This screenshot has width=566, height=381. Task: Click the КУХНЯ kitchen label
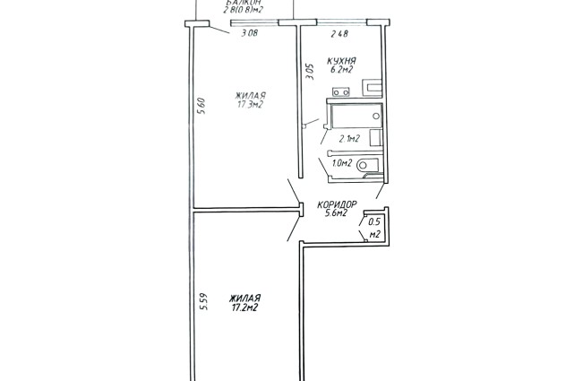tap(341, 61)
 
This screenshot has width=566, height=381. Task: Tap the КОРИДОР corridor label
tap(337, 204)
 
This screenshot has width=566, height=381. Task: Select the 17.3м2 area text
tap(250, 105)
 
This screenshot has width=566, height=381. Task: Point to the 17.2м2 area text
tap(244, 308)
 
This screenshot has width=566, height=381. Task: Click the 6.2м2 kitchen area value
tap(341, 70)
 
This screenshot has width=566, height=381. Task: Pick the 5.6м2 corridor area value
tap(336, 213)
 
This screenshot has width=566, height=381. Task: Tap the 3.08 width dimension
tap(250, 34)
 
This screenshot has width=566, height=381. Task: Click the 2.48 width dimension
tap(339, 34)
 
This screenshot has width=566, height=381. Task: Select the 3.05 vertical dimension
tap(310, 72)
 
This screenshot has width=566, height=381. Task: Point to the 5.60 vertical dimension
tap(202, 106)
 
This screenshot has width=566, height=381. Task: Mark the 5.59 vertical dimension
tap(204, 301)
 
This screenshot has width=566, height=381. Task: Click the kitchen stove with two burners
tap(341, 92)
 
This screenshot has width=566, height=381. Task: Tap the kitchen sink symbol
tap(373, 88)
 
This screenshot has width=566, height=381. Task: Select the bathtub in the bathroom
tap(356, 116)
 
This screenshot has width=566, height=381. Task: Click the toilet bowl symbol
tap(367, 165)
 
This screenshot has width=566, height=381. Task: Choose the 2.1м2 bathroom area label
tap(348, 138)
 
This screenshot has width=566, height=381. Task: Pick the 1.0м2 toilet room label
tap(342, 163)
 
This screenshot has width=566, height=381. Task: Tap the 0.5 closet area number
tap(374, 222)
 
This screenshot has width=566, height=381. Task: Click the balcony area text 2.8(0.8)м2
tap(243, 10)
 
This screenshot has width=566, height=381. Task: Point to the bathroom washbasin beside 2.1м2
tap(376, 138)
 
